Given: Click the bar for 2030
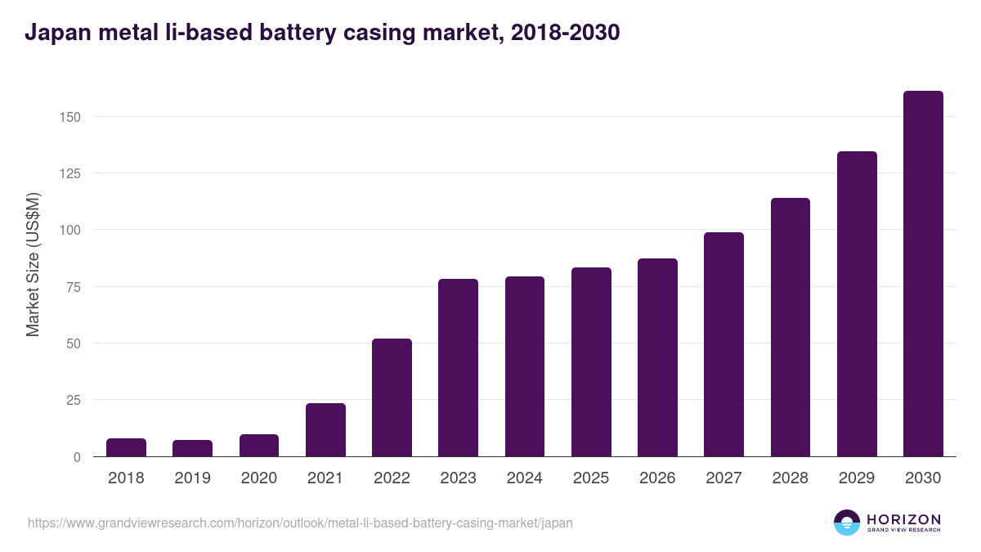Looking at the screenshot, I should click(923, 274).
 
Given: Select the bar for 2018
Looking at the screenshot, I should click(126, 447).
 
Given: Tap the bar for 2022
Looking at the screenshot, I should click(392, 397).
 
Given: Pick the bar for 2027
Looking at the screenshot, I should click(723, 344).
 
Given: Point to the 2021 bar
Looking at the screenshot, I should click(325, 429).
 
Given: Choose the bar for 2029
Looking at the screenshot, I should click(857, 304).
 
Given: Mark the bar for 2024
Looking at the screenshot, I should click(524, 366).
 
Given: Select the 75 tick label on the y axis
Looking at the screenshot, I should click(74, 287).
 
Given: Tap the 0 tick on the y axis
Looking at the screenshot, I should click(77, 457).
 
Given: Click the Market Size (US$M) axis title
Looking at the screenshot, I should click(34, 265).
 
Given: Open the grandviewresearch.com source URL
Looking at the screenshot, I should click(300, 523).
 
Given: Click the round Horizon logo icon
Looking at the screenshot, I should click(847, 523).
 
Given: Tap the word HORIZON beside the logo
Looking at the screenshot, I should click(903, 518).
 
